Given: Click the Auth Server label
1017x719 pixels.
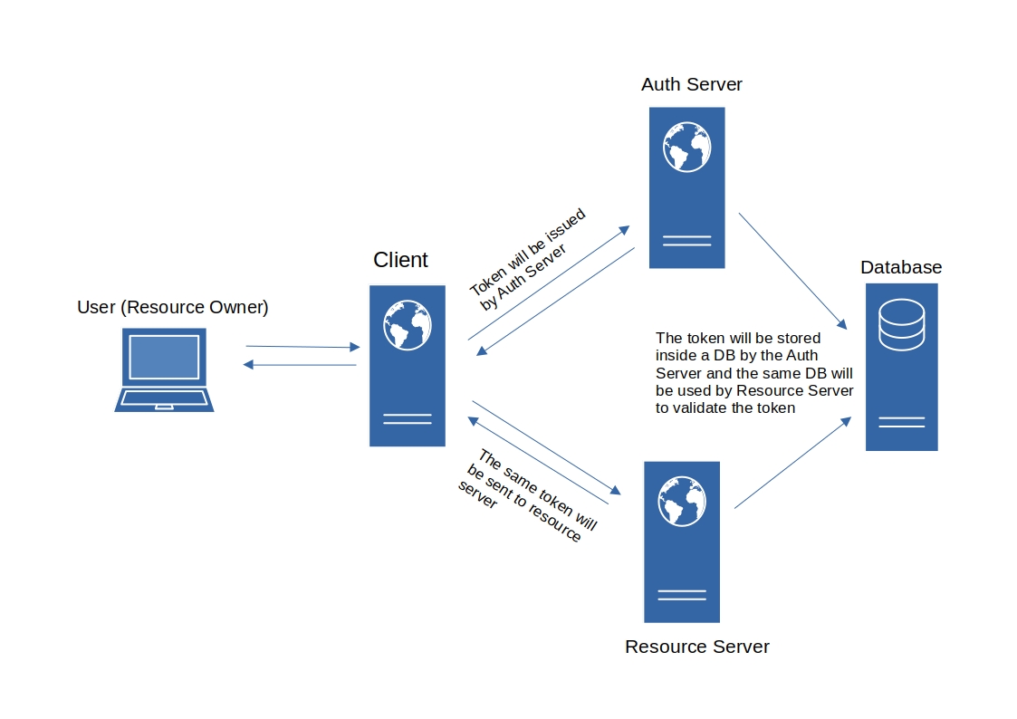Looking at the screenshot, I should pos(691,84).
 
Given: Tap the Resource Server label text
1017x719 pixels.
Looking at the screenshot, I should pos(696,647).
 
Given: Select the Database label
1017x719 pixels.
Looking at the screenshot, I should pos(900,267).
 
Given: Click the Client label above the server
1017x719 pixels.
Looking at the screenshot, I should pos(400,260).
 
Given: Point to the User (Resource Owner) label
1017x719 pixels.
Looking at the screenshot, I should pos(173,307).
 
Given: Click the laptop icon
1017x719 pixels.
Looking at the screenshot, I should pos(164,369).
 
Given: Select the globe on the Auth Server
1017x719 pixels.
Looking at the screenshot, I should pos(686,147).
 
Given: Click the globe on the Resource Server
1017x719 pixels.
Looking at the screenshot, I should pos(682,501).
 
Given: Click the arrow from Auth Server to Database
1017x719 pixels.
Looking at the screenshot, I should pos(792,270).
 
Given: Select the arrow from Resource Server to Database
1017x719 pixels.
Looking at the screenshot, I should pos(793,463).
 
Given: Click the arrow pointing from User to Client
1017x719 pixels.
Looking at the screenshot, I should pos(302,346).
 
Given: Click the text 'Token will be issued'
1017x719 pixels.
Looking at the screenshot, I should pos(527,253).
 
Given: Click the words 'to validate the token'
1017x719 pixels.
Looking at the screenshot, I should pos(724,407).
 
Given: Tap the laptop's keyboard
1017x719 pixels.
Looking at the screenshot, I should pos(164,398).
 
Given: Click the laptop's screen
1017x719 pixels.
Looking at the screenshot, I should pos(164,357).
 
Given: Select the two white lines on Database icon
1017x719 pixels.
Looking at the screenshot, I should pos(901,422).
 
